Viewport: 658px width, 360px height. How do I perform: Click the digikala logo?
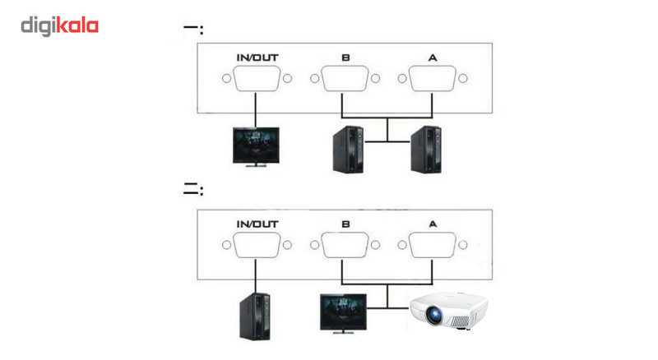(59, 26)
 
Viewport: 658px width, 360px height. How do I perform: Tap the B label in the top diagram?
(345, 58)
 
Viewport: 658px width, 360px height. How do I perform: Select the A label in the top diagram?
(432, 58)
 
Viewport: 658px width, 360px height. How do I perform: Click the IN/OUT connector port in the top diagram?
(256, 80)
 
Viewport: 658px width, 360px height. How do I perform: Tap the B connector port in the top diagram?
(345, 80)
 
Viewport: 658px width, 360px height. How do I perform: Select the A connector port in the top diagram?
(432, 80)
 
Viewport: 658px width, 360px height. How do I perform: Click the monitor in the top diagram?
(256, 145)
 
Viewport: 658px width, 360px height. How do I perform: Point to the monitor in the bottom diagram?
(344, 312)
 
